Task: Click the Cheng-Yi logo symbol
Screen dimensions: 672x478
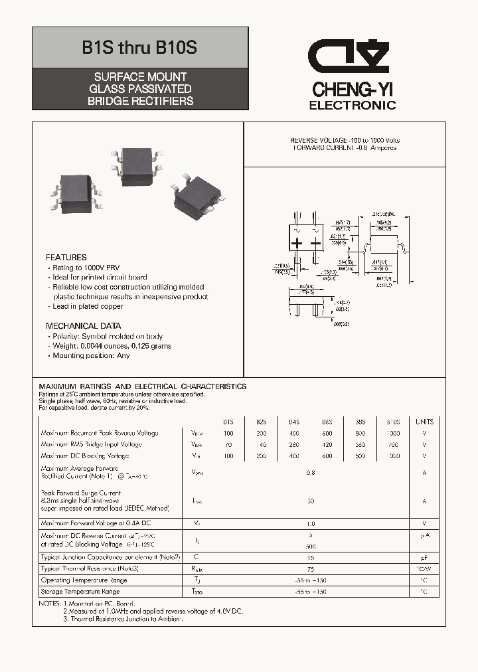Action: tap(351, 58)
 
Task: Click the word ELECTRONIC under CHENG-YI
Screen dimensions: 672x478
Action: tap(353, 106)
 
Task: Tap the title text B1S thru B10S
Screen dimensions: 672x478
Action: tap(139, 48)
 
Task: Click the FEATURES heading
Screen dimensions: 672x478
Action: tap(66, 257)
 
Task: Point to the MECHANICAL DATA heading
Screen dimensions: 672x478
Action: tap(83, 326)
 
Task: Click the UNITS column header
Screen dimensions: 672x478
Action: tap(424, 422)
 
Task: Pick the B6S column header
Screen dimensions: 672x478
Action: tap(327, 422)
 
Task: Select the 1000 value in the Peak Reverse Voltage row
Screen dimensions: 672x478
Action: tap(393, 433)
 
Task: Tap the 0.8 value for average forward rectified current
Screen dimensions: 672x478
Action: tap(310, 473)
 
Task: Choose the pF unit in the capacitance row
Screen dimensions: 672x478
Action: tap(424, 557)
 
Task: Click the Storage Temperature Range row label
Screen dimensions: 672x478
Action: tap(80, 591)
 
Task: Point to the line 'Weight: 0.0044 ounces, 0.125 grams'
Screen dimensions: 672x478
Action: tap(111, 346)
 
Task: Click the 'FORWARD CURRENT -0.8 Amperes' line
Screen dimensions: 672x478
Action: tap(345, 148)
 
